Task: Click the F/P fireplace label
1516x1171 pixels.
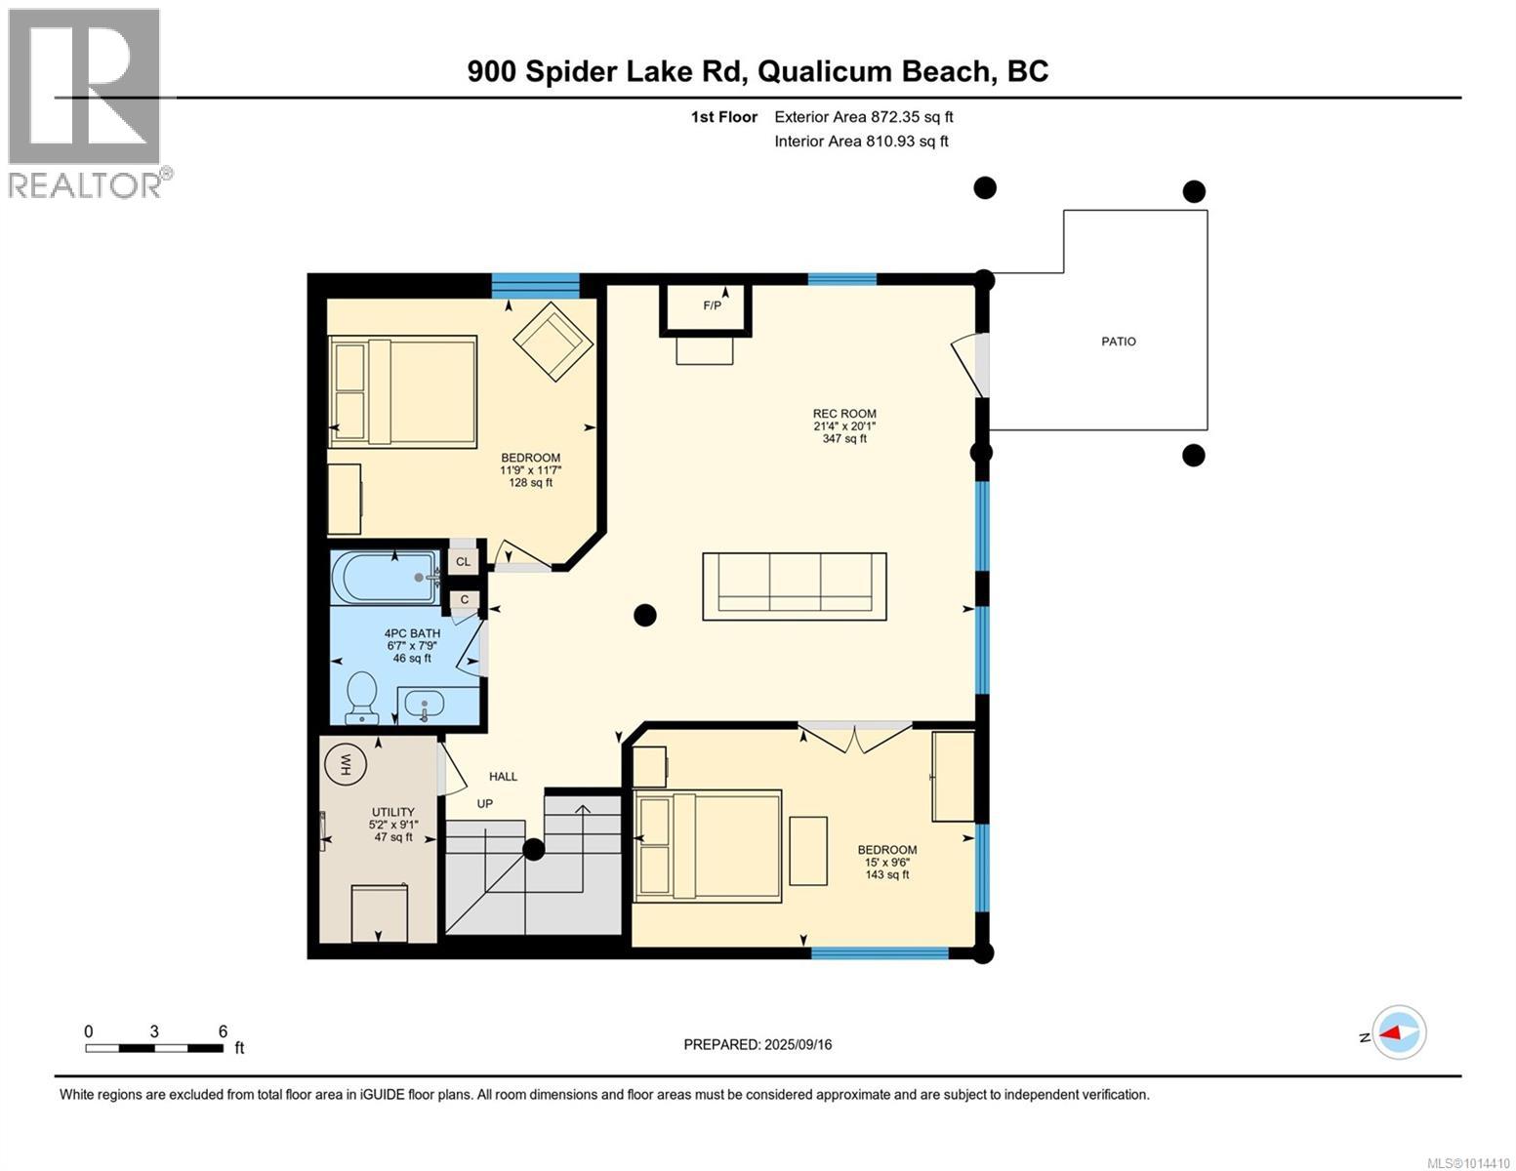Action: [712, 305]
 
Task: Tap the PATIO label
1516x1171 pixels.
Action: [1119, 342]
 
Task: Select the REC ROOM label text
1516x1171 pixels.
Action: [844, 414]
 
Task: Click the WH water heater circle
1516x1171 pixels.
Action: [343, 764]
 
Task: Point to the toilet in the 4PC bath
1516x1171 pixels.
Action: [362, 697]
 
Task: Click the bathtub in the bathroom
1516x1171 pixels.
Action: [385, 578]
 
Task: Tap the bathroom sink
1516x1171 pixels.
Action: [424, 704]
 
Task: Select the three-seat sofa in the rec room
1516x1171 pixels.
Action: [795, 585]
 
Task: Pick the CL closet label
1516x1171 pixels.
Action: [463, 561]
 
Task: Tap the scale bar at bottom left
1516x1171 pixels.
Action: [154, 1048]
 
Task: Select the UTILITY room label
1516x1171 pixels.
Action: [392, 812]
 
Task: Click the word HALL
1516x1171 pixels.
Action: [503, 777]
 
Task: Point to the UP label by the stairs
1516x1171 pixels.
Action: [484, 804]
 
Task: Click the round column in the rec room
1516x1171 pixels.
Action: [644, 615]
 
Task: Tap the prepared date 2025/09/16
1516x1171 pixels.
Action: [758, 1044]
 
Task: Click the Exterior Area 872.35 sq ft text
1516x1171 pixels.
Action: [863, 117]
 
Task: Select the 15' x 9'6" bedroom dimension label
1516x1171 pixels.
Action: [886, 862]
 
